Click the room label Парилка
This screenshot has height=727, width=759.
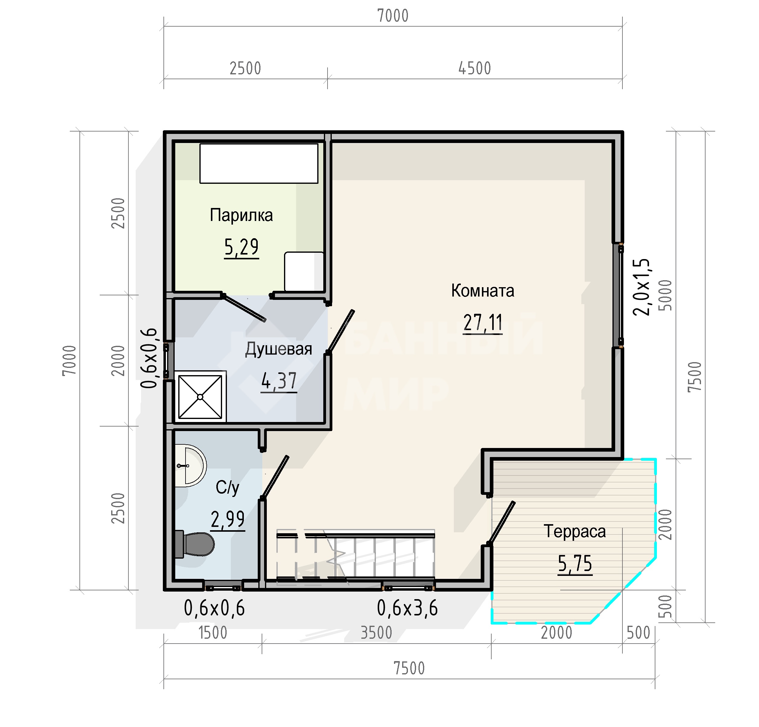pos(241,215)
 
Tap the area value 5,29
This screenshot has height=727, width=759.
pos(241,247)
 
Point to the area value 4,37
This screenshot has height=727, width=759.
pos(279,381)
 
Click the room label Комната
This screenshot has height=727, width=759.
pos(483,291)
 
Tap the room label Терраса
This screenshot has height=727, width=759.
pos(575,531)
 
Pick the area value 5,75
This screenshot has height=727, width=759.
pos(575,563)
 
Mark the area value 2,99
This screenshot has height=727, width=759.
pos(228,519)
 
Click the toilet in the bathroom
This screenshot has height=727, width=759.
pos(195,544)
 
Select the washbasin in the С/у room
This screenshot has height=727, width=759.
pos(190,466)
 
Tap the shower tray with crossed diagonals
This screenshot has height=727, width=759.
pos(200,397)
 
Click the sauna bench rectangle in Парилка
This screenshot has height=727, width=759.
pos(259,164)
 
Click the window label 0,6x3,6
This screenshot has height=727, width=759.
pos(407,608)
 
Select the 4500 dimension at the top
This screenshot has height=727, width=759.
pos(475,69)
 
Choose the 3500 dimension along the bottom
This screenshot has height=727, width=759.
pos(376,633)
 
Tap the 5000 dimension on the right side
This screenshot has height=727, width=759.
pos(666,295)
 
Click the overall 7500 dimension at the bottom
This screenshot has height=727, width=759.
pos(409,668)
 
